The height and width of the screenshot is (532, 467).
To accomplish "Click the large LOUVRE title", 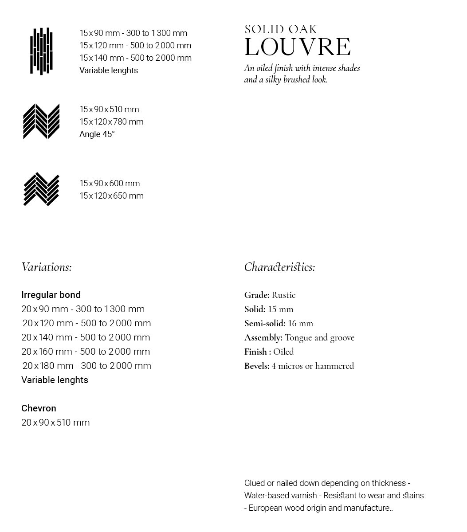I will click(298, 47).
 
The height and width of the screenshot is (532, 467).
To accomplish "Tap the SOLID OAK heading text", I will click(281, 30).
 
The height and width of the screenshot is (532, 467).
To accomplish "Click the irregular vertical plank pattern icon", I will click(41, 51).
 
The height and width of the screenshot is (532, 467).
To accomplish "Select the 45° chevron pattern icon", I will click(41, 121).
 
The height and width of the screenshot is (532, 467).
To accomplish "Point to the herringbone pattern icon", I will click(41, 189).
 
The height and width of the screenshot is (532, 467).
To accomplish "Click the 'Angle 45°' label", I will click(97, 134).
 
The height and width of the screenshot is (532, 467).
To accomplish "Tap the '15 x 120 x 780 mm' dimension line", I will click(111, 122).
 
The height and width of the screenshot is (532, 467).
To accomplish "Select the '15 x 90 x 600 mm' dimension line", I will click(110, 184).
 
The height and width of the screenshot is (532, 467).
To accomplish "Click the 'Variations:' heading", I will click(47, 267).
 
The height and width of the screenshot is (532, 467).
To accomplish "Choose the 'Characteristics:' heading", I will click(279, 267).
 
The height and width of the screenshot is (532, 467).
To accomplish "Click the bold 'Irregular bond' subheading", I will click(51, 295).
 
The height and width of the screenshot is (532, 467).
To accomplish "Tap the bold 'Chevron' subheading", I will click(39, 408).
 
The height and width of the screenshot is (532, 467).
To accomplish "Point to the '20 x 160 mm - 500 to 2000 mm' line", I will click(86, 352).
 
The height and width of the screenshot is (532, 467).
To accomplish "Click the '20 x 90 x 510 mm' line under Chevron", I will click(55, 422).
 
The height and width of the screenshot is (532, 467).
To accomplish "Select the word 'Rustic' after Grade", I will click(283, 295).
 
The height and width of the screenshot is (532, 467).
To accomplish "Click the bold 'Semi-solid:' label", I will click(265, 324).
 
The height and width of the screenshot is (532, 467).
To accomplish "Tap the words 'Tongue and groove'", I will click(319, 338).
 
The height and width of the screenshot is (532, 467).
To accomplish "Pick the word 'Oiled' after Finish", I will click(283, 352).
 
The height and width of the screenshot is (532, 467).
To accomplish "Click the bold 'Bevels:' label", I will click(257, 366).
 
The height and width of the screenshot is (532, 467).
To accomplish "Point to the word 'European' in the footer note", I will click(266, 508).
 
